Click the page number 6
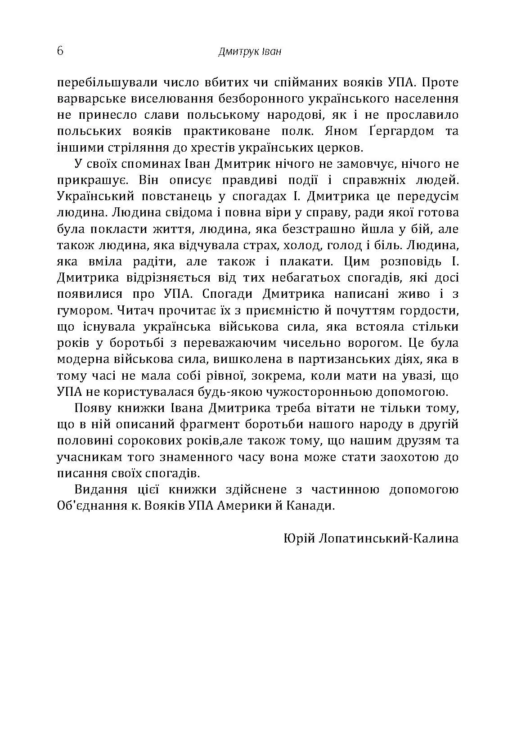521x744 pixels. point(60,50)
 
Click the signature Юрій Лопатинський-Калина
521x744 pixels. point(371,538)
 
